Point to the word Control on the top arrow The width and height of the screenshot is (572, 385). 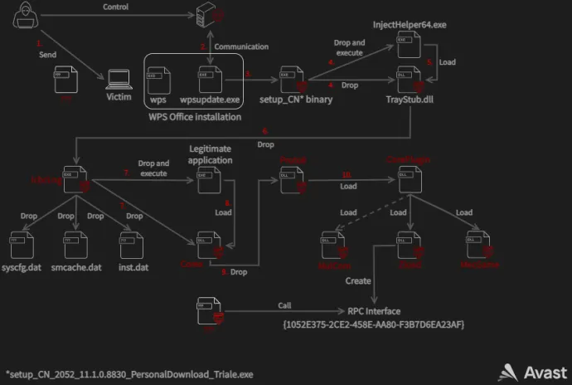115,7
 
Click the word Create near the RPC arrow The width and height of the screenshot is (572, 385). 358,281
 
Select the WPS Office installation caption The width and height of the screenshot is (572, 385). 195,116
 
